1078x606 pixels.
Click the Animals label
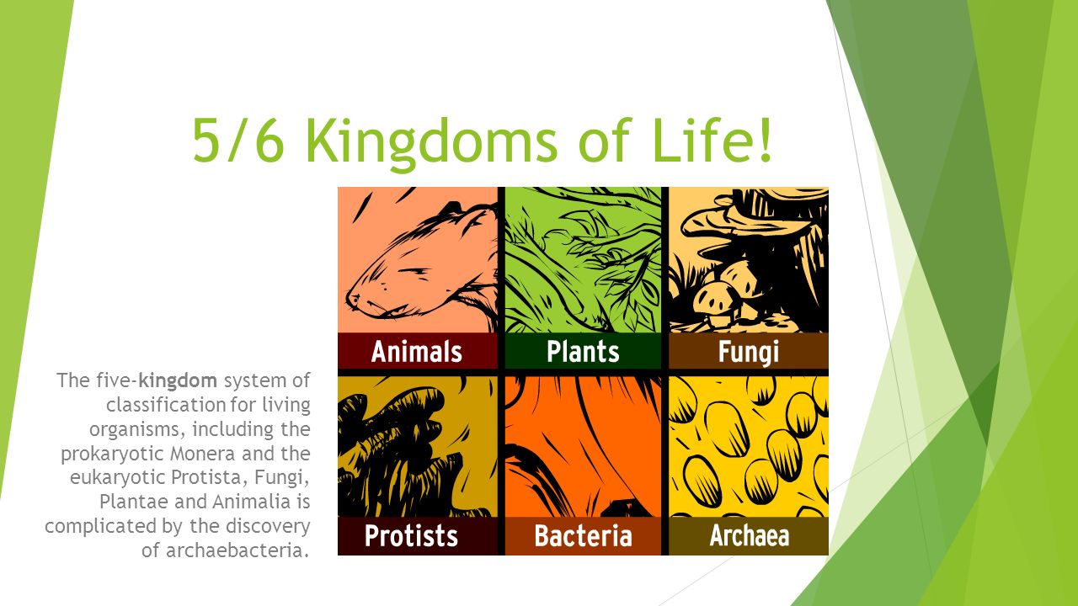pyautogui.click(x=417, y=351)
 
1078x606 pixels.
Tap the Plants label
pyautogui.click(x=583, y=351)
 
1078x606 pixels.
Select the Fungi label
pyautogui.click(x=749, y=352)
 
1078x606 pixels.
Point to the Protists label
pyautogui.click(x=412, y=535)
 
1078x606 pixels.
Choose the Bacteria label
pyautogui.click(x=583, y=535)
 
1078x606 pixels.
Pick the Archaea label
pyautogui.click(x=750, y=535)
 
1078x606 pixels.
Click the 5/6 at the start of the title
pyautogui.click(x=238, y=141)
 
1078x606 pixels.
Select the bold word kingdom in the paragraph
pyautogui.click(x=178, y=381)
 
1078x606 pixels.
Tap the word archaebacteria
pyautogui.click(x=237, y=550)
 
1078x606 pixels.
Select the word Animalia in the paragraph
pyautogui.click(x=251, y=502)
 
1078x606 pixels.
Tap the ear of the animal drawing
pyautogui.click(x=450, y=210)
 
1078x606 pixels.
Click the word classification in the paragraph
pyautogui.click(x=166, y=405)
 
